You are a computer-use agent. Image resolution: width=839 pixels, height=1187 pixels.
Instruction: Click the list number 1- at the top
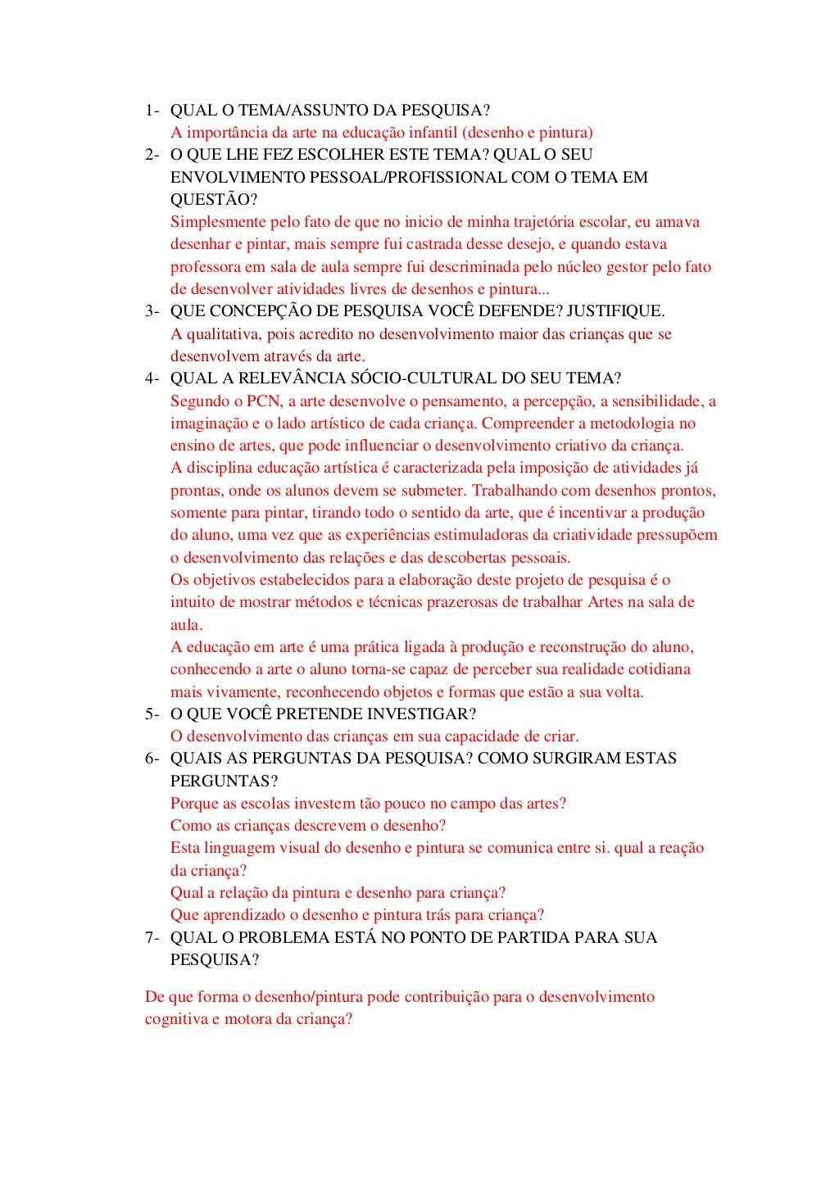[152, 111]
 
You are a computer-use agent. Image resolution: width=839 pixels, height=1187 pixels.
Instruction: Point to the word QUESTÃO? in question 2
[214, 200]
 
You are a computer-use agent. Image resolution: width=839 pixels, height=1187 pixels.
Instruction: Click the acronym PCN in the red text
[264, 401]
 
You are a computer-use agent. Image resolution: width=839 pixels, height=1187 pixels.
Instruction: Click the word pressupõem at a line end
[677, 536]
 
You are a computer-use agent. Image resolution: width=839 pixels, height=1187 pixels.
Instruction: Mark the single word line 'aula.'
[187, 625]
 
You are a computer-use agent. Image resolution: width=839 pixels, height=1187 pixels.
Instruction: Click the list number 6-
[152, 759]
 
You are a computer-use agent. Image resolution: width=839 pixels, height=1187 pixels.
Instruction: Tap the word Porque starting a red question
[194, 804]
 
